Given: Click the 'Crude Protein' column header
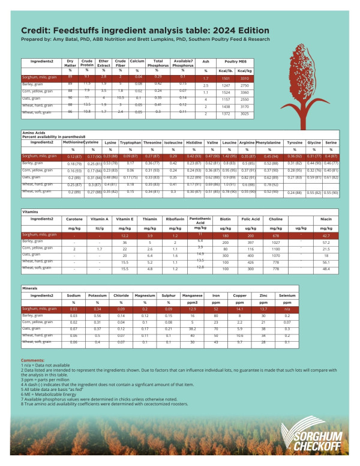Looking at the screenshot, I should pos(87,63).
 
